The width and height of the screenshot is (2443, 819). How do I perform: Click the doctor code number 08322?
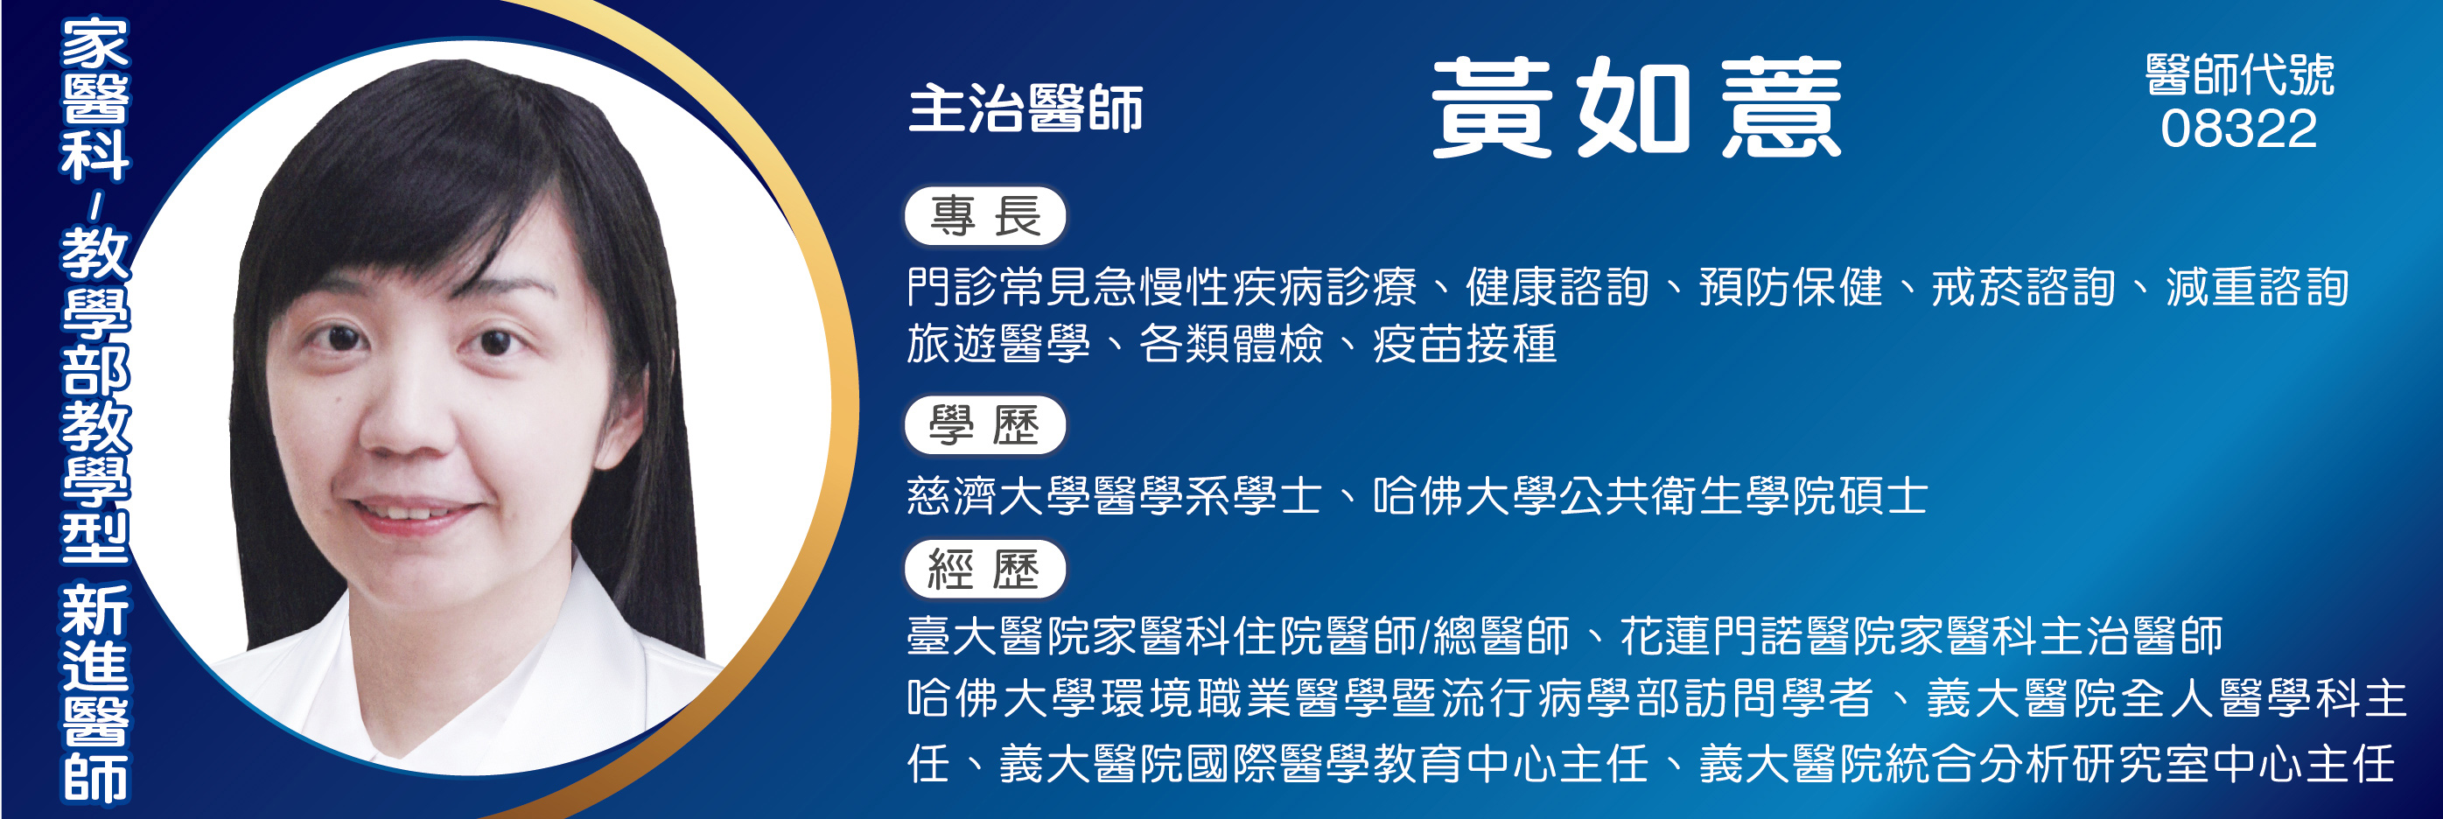coord(2238,128)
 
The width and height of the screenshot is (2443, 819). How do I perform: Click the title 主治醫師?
coord(1025,108)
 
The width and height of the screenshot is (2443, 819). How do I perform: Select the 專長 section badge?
coord(985,216)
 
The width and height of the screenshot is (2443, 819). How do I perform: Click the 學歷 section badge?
coord(985,424)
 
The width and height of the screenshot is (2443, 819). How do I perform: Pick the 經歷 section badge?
coord(985,569)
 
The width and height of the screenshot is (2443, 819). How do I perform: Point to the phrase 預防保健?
coord(1790,286)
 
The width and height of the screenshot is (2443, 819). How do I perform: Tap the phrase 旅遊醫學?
coord(998,343)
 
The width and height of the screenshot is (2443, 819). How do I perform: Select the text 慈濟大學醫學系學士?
coord(1115,495)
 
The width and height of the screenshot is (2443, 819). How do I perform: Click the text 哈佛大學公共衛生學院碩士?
coord(1650,495)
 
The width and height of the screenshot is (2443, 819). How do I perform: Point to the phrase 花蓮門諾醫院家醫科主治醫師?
coord(1921,635)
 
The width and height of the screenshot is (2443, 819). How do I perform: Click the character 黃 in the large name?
coord(1492,106)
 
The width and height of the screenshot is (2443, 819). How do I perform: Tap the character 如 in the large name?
coord(1634,106)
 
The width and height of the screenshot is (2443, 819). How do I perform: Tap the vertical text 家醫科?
coord(94,101)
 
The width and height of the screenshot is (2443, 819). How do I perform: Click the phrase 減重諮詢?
coord(2257,286)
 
